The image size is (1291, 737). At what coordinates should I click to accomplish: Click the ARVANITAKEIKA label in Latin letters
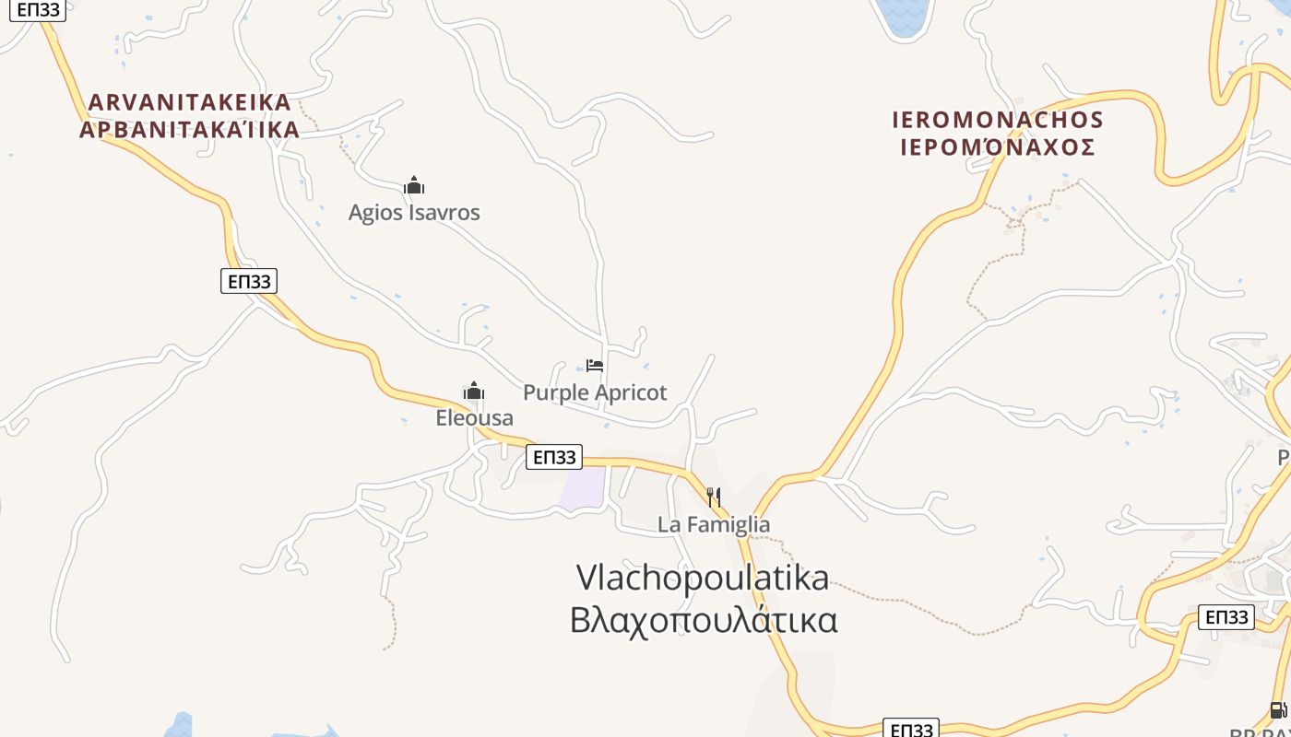pos(190,102)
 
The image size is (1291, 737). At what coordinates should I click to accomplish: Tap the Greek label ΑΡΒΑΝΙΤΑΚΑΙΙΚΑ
pos(190,130)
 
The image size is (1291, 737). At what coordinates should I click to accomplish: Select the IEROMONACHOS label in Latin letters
pos(998,120)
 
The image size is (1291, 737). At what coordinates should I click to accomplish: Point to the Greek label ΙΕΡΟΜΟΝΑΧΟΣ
pos(998,147)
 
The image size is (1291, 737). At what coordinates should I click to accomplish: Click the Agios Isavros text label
pos(414,213)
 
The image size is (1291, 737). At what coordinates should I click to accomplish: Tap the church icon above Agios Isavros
pos(414,186)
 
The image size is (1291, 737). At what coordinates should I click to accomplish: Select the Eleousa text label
pos(474,418)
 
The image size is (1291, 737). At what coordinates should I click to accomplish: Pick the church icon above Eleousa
pos(474,392)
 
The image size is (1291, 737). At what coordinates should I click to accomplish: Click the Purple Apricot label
pos(595,392)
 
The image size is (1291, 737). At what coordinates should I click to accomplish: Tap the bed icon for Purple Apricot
pos(595,366)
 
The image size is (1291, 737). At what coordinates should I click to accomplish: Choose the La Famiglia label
pos(714,525)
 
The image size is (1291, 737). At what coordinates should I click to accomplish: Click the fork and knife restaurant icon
pos(714,497)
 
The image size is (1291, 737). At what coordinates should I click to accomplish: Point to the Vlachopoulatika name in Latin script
pos(703,578)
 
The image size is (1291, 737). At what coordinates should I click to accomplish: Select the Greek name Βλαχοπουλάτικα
pos(704,620)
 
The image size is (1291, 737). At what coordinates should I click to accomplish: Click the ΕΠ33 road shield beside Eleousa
pos(554,457)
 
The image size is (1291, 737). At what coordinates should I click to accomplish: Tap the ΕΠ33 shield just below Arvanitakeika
pos(249,281)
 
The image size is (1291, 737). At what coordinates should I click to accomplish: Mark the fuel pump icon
pos(1278,710)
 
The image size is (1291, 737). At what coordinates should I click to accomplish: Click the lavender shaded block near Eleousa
pos(584,487)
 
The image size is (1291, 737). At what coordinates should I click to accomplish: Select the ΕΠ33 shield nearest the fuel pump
pos(1226,617)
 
